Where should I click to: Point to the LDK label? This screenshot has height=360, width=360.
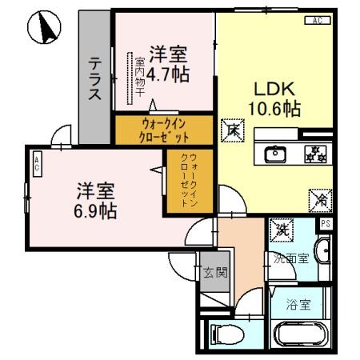270,89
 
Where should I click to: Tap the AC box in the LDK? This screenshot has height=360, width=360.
317,20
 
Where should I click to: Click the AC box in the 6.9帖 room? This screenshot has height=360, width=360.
37,166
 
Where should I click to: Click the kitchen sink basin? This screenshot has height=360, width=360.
274,152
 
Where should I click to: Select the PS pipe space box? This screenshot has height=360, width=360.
326,224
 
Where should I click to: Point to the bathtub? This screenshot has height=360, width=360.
300,334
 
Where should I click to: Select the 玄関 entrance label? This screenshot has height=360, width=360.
214,272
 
